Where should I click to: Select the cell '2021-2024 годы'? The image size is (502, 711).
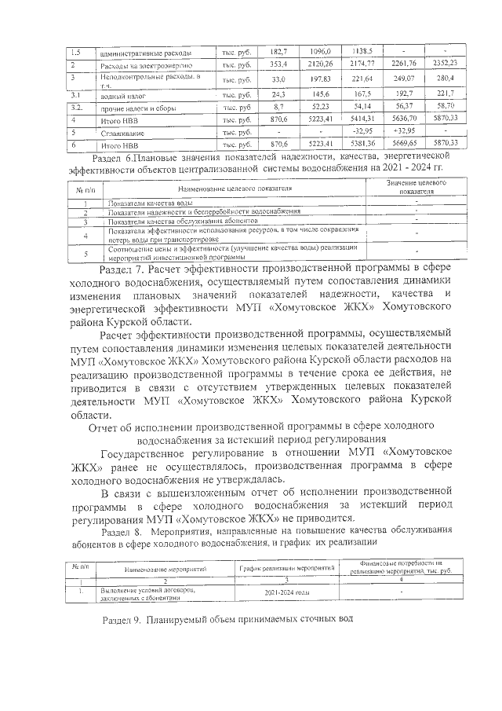pos(288,592)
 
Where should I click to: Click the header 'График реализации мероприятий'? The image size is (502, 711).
pos(288,566)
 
